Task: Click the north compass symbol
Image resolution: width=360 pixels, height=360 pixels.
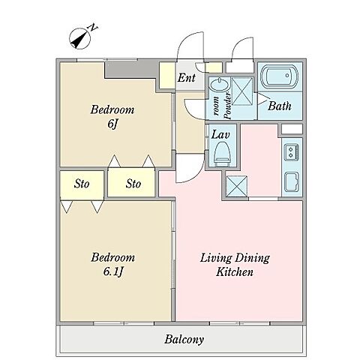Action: click(x=79, y=39)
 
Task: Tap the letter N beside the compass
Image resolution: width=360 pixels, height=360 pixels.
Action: click(x=94, y=27)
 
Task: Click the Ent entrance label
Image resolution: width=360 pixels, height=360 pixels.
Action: click(x=187, y=78)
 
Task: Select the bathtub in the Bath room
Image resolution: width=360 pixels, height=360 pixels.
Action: click(x=279, y=76)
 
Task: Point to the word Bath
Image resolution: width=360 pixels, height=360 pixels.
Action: click(x=280, y=106)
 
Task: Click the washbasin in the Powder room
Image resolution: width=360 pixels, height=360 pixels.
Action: click(x=219, y=85)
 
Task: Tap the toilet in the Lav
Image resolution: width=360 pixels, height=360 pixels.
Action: click(x=222, y=154)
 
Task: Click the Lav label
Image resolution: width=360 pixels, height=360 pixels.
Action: click(x=220, y=135)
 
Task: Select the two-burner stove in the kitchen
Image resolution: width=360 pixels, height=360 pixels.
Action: click(x=291, y=152)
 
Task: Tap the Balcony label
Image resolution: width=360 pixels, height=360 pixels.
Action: click(x=184, y=340)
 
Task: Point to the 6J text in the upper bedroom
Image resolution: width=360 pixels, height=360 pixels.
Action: click(x=112, y=124)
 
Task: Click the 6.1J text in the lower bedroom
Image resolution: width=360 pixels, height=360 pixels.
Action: click(x=113, y=271)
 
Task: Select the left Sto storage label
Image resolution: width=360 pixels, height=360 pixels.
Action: click(x=82, y=184)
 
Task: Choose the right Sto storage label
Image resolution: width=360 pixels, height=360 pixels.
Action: click(x=133, y=184)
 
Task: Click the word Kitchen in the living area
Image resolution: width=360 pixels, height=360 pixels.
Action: click(x=235, y=272)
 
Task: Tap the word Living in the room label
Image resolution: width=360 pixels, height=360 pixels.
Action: click(x=216, y=258)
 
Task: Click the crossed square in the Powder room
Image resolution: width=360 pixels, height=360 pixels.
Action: click(x=242, y=91)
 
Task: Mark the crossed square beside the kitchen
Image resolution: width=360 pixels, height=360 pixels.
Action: click(x=236, y=186)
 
